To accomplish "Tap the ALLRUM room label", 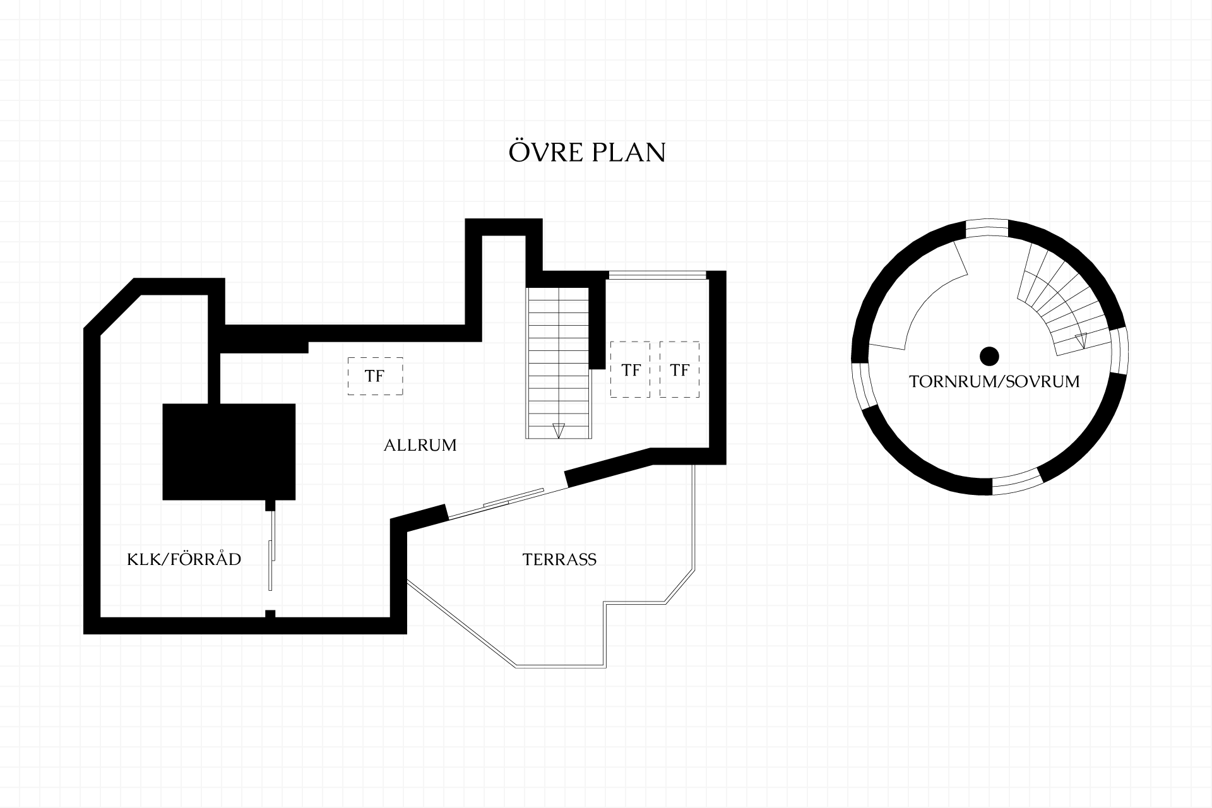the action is (420, 445).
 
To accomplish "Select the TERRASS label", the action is (559, 559).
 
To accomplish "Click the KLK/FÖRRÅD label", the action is (184, 559).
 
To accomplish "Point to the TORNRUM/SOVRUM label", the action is (994, 382).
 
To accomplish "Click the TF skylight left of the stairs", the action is (375, 376).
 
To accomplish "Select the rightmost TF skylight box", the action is (680, 369).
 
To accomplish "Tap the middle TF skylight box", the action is (631, 369).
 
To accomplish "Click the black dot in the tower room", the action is (989, 356).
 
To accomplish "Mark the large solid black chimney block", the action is (229, 451).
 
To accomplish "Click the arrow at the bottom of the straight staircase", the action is (558, 431).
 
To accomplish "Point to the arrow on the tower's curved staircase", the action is (1081, 341).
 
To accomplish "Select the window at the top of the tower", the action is (987, 228).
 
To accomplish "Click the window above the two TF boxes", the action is (656, 275).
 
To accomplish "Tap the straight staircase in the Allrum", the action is (559, 363).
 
